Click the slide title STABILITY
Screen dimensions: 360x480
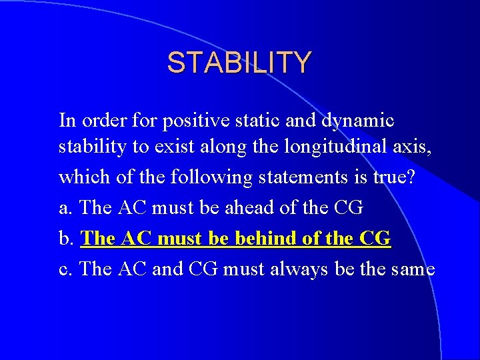pos(239,63)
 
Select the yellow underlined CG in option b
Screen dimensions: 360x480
pos(375,238)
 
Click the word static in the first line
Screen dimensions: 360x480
pos(255,121)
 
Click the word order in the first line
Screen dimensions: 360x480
pos(103,121)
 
